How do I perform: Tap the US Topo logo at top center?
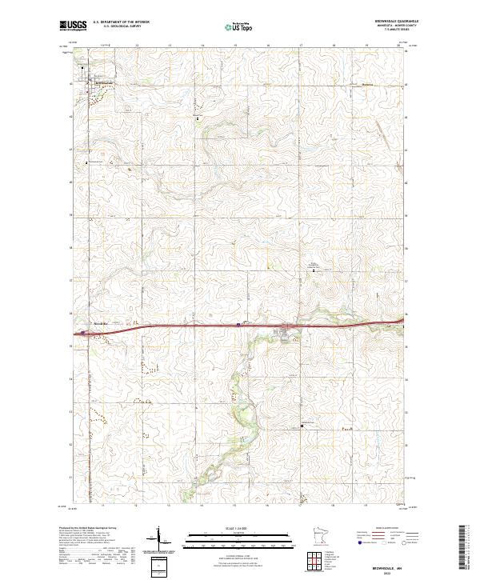tap(232, 26)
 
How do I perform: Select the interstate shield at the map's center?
tap(238, 325)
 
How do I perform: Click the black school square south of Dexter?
tap(302, 426)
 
